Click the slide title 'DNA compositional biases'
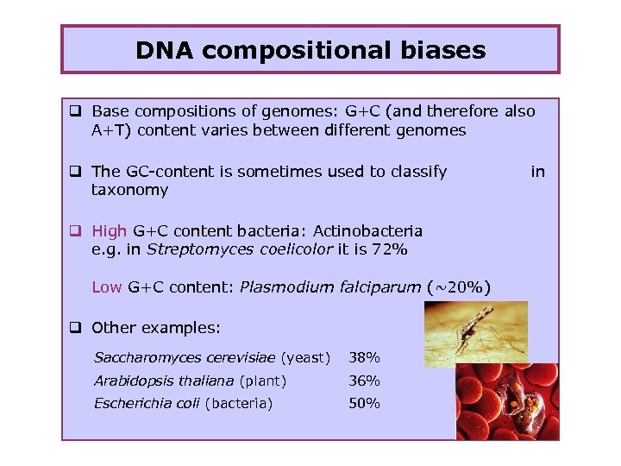click(310, 50)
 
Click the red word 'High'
click(109, 230)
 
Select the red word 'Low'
click(106, 287)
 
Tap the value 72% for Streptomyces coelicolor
click(391, 249)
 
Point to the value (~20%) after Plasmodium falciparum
click(458, 287)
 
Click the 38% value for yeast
click(363, 357)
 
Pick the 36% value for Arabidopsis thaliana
click(363, 381)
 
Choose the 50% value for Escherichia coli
click(363, 403)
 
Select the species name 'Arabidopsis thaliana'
click(164, 381)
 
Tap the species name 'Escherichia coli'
click(147, 403)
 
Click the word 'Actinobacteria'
click(367, 230)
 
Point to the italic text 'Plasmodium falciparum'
click(329, 287)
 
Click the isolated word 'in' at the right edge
click(537, 172)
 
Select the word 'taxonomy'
click(129, 190)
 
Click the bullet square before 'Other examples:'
click(76, 328)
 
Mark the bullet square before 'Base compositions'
click(76, 111)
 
